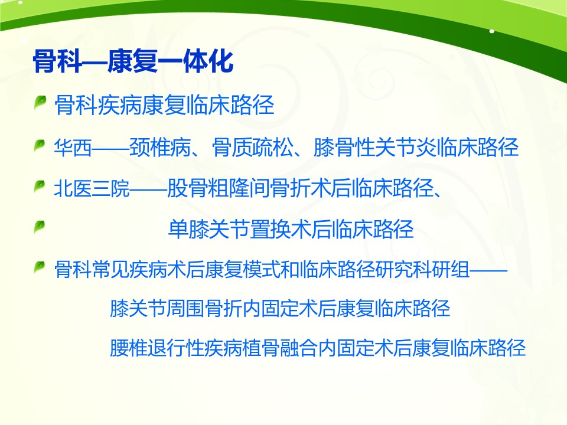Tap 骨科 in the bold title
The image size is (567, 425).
tap(57, 62)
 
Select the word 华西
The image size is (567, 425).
tap(73, 148)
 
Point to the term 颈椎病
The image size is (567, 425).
tap(160, 148)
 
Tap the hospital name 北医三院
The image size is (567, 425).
tap(92, 188)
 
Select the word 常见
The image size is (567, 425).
tap(110, 270)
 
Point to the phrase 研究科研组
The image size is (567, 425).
tap(422, 270)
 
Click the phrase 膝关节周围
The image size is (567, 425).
tap(157, 309)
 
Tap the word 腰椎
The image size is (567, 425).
tap(129, 348)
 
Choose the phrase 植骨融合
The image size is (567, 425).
tap(280, 348)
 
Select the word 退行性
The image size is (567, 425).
tap(176, 348)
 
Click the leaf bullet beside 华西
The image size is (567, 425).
tap(40, 146)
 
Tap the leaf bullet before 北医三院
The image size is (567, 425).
tap(40, 187)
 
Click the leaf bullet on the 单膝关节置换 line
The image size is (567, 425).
tap(40, 227)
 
